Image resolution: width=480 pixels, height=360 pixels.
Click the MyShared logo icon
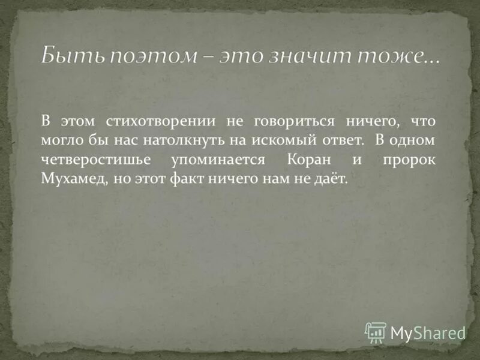coord(376,332)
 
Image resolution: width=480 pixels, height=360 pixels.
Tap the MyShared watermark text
coord(428,332)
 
